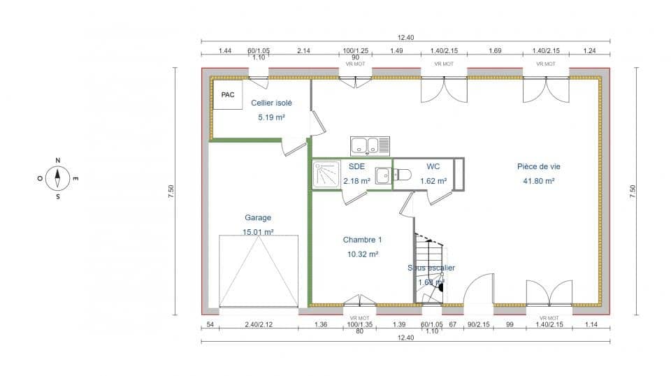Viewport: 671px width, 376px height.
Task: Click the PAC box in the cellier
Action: [x=227, y=94]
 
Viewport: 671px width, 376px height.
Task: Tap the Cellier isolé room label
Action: [x=271, y=103]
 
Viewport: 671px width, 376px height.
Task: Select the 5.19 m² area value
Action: [x=271, y=117]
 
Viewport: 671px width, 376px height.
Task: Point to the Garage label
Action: [x=258, y=217]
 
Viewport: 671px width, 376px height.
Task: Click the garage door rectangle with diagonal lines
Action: [x=259, y=271]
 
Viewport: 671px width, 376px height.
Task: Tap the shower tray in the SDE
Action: [x=326, y=175]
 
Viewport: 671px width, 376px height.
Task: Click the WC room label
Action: [x=433, y=166]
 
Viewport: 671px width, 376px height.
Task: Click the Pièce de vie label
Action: [x=538, y=166]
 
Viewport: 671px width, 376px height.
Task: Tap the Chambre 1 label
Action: [x=362, y=240]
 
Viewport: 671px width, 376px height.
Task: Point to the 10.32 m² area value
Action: [x=362, y=254]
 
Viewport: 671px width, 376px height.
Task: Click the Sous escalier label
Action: [x=431, y=268]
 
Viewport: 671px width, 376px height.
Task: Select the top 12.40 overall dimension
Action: [x=405, y=38]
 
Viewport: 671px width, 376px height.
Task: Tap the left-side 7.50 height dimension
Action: [x=170, y=191]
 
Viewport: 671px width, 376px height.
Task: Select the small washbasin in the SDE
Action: [x=383, y=176]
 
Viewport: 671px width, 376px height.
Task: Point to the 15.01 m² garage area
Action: [x=258, y=232]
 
